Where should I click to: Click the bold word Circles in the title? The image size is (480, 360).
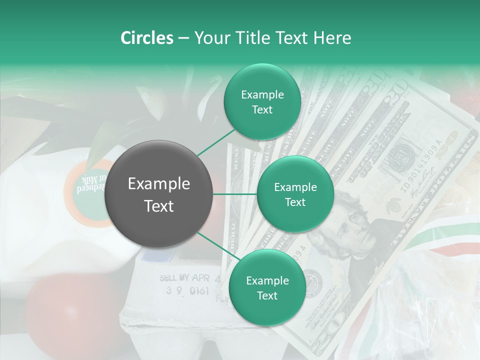tap(146, 38)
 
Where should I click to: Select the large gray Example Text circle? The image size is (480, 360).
tap(158, 194)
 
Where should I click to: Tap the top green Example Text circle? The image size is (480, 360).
tap(262, 102)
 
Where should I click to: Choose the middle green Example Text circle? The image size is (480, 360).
tap(295, 194)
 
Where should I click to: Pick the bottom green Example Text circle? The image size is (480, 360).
tap(267, 288)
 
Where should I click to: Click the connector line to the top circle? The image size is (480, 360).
tap(216, 142)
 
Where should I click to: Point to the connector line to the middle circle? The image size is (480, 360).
tap(235, 194)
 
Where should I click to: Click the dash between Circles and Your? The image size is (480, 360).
tap(183, 38)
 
